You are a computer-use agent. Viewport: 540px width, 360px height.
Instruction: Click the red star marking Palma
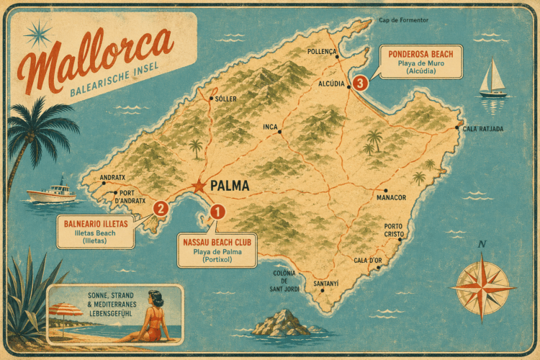pos(199,186)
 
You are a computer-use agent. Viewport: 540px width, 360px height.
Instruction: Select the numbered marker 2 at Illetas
pos(161,208)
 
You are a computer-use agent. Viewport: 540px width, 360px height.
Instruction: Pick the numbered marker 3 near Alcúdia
pos(361,83)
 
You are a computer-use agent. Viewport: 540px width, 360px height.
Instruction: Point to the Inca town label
pos(270,127)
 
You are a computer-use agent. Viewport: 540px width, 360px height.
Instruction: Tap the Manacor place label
pos(392,197)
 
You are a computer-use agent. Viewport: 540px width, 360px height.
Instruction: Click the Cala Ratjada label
pos(482,129)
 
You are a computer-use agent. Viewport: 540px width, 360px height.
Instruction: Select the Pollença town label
pos(322,52)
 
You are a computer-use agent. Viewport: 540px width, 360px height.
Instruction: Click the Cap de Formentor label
pos(406,20)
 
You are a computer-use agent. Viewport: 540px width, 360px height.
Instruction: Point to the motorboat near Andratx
pos(52,193)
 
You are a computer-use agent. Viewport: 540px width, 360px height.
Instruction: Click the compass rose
pos(482,286)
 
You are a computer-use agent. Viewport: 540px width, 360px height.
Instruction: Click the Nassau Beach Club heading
pos(217,243)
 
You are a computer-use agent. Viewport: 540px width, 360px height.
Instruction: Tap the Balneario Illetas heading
pos(96,224)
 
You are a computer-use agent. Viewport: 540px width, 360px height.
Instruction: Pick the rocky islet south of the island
pos(281,324)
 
